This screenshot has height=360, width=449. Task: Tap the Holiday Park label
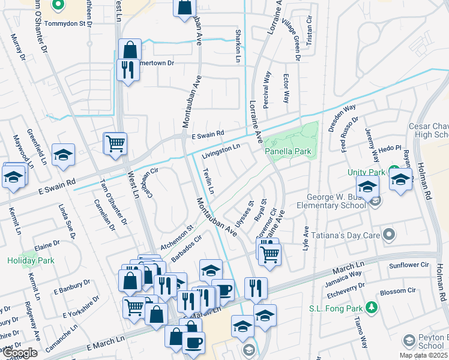[x=31, y=260]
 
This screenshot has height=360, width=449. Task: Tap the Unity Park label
[x=366, y=172]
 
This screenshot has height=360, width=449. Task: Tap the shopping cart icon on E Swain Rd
[x=115, y=143]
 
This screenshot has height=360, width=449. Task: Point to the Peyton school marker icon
[x=409, y=340]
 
